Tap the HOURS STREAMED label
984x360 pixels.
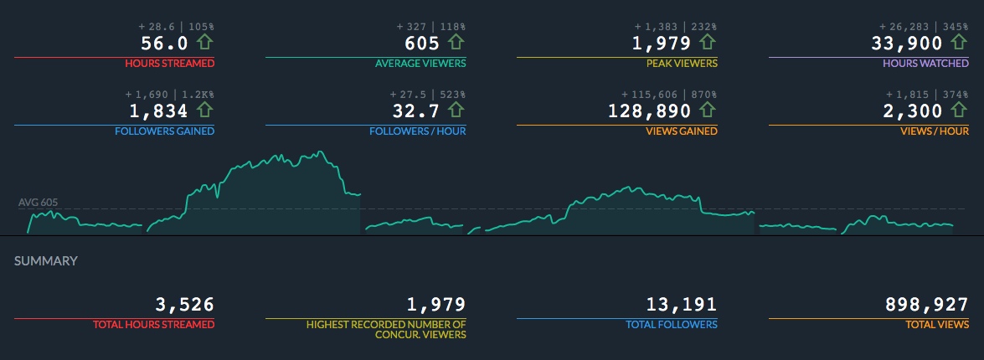coord(169,64)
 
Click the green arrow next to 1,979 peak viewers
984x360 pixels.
coord(708,42)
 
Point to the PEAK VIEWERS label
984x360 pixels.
coord(681,64)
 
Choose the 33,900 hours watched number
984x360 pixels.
coord(907,43)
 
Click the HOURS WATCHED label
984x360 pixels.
coord(925,64)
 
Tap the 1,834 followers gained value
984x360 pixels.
coord(159,111)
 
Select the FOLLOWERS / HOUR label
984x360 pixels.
coord(417,131)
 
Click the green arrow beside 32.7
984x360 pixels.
coord(456,111)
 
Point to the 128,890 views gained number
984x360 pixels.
coord(650,111)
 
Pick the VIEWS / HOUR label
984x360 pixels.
coord(935,131)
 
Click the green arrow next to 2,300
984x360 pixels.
coord(959,111)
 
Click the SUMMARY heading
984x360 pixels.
coord(46,261)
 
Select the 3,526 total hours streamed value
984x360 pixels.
coord(184,305)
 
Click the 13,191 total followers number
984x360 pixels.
coord(682,305)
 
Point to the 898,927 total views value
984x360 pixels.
coord(927,305)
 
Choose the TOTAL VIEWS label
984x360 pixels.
coord(937,325)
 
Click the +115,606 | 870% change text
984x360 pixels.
coord(669,94)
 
